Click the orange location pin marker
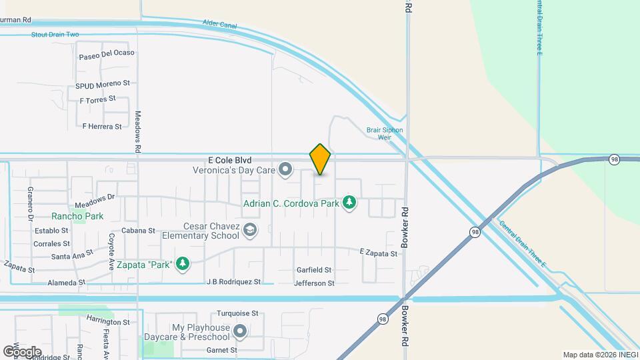click(x=320, y=159)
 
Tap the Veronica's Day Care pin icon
click(x=285, y=170)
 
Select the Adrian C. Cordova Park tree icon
click(x=348, y=202)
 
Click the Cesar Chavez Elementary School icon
click(x=249, y=231)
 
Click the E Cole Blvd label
click(x=229, y=160)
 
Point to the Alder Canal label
click(x=219, y=25)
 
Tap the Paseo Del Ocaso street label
click(x=107, y=53)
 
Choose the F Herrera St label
click(x=102, y=126)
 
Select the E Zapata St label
click(x=378, y=253)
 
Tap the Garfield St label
click(x=314, y=270)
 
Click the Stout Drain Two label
click(x=55, y=34)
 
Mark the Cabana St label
click(x=138, y=231)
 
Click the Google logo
click(x=22, y=351)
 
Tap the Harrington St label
click(x=107, y=322)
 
